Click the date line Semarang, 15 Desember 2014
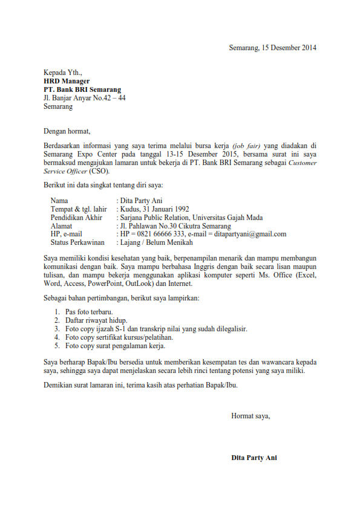(x=272, y=48)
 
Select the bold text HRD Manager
(x=67, y=81)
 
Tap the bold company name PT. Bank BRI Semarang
(x=82, y=89)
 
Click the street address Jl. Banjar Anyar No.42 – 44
(x=85, y=98)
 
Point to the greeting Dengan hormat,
(x=67, y=131)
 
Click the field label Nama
(x=59, y=201)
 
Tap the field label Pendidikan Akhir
(x=76, y=218)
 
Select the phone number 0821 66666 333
(x=160, y=234)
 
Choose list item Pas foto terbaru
(x=90, y=312)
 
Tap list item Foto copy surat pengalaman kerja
(x=115, y=346)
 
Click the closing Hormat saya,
(x=250, y=415)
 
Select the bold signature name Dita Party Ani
(x=254, y=458)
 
